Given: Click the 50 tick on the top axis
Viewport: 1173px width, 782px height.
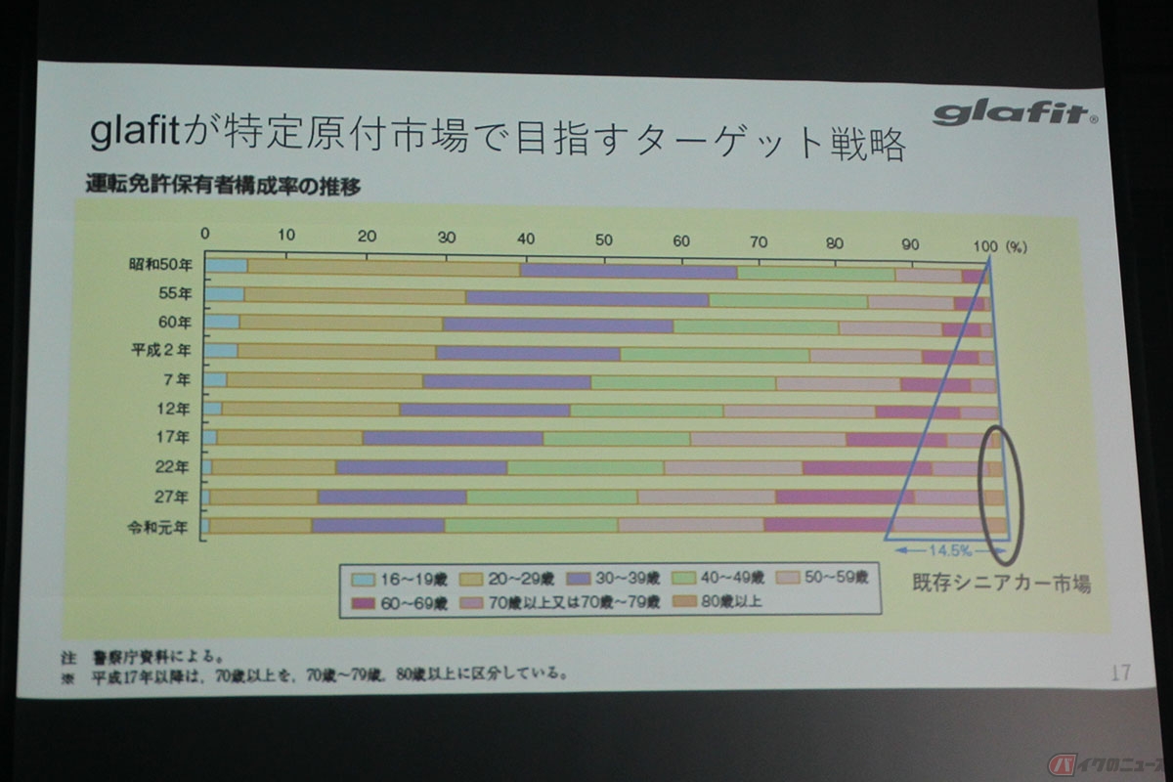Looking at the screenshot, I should [603, 240].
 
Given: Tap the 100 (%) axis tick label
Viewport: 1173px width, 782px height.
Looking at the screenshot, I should [995, 245].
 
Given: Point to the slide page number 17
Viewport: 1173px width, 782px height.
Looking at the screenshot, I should [1120, 673].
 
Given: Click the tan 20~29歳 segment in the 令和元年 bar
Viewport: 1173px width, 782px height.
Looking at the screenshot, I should [260, 526].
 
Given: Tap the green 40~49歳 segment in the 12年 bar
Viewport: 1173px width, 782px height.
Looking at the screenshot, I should [646, 411].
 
